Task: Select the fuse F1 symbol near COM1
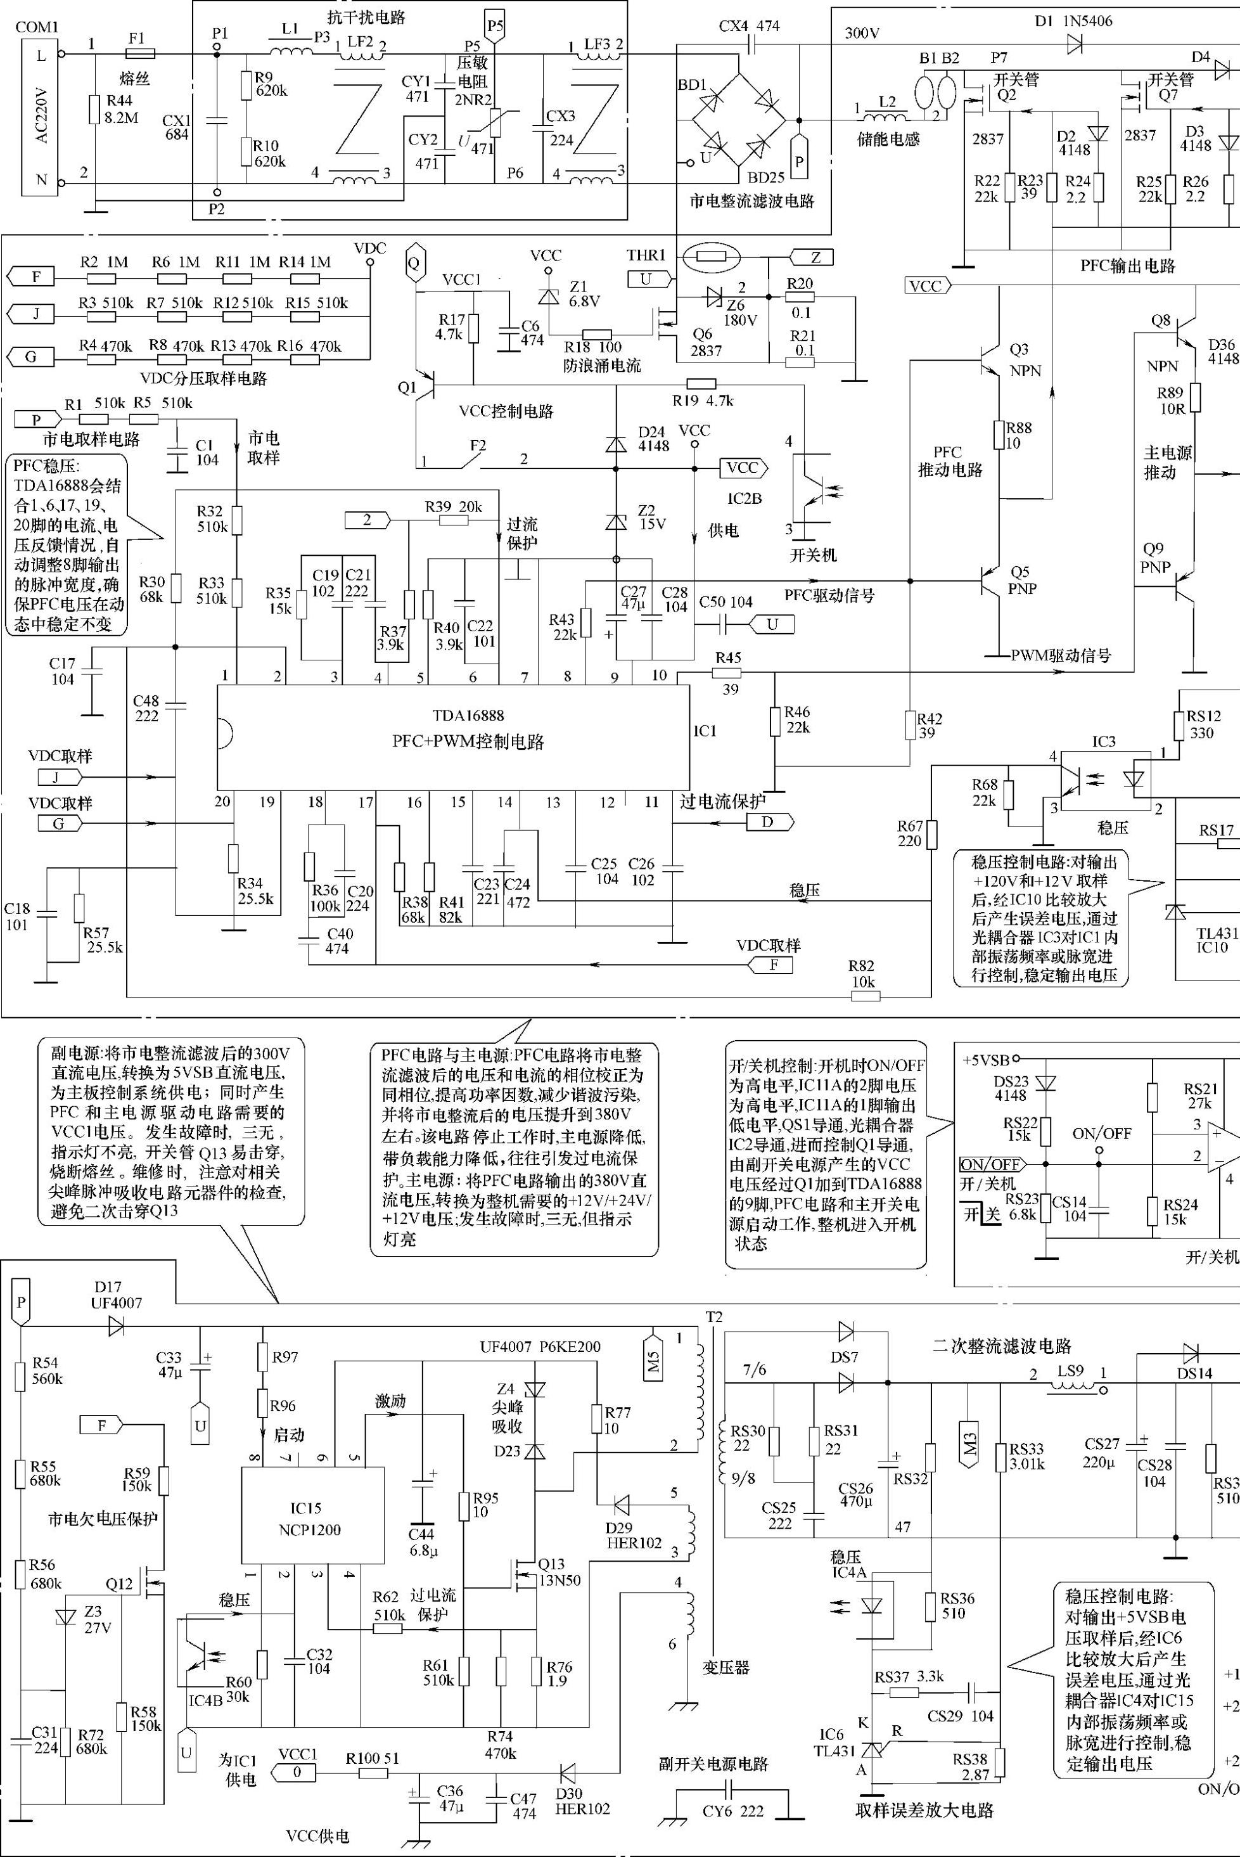point(141,54)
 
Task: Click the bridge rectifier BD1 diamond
point(739,121)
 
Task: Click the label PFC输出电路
point(1127,266)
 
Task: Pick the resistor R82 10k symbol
point(865,996)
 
